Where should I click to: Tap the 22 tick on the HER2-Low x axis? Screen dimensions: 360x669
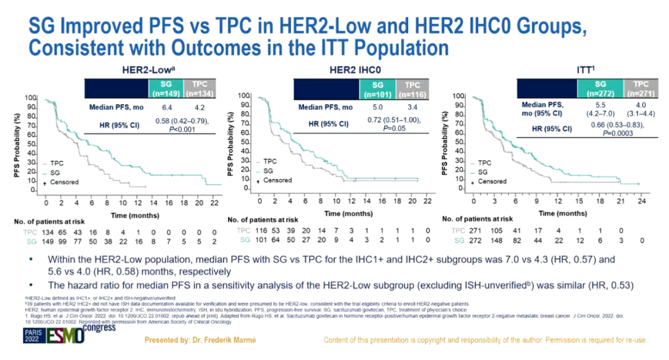[212, 203]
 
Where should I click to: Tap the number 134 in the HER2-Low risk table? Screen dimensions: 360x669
[30, 231]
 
